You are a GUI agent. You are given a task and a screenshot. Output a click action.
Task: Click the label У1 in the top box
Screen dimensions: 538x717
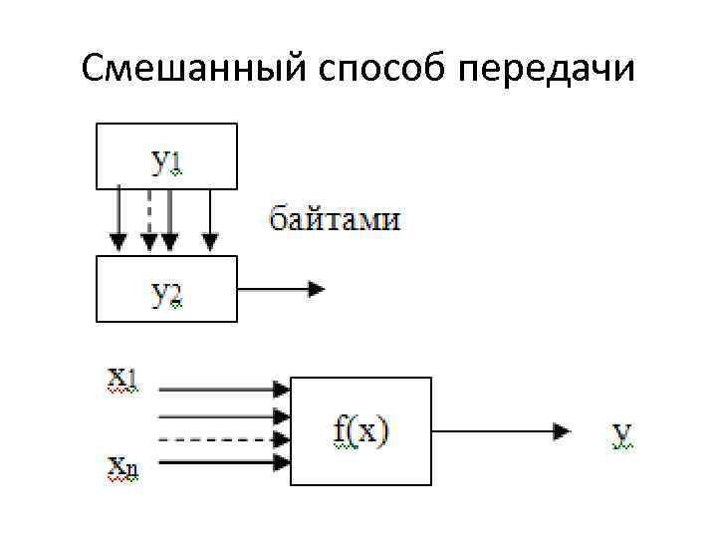[165, 160]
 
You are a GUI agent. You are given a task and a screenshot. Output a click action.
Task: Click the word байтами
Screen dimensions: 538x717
[336, 219]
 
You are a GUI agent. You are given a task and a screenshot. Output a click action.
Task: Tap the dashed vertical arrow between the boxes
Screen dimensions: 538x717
[149, 219]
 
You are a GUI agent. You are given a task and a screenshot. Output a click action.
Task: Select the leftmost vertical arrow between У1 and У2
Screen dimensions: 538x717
[119, 219]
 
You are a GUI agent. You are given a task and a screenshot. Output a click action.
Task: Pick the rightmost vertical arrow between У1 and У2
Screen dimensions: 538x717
[210, 219]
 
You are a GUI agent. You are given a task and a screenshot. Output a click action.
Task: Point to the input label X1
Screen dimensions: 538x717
[123, 380]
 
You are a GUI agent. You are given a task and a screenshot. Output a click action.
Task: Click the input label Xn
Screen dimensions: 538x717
[123, 465]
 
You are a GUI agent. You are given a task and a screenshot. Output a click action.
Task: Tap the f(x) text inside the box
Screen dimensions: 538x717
[359, 431]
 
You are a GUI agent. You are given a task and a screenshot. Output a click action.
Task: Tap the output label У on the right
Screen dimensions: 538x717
[622, 434]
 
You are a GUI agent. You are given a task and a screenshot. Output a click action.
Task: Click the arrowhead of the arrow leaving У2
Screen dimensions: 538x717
[318, 289]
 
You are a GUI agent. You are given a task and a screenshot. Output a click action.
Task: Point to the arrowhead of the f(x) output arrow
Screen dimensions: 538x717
[564, 431]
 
